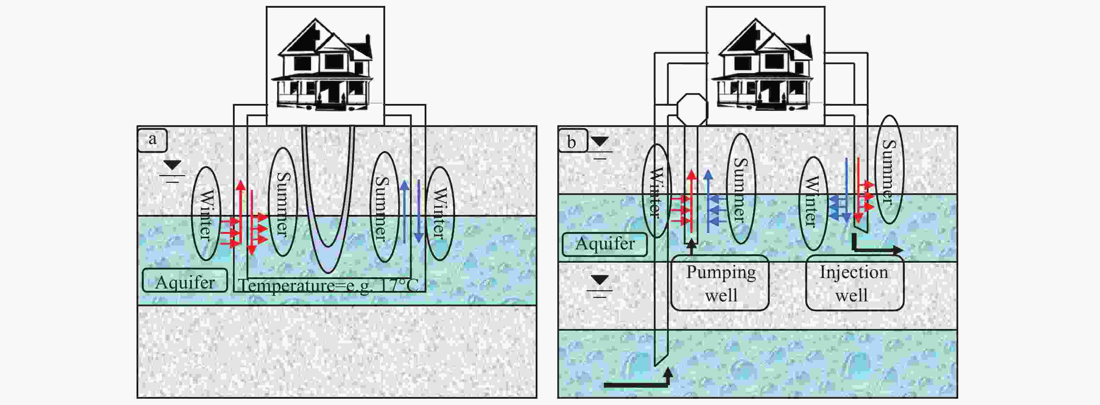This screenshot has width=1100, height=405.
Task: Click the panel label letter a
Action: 152,140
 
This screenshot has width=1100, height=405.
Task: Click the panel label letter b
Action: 571,142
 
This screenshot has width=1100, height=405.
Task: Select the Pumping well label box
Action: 720,283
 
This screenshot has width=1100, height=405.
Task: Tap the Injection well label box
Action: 854,283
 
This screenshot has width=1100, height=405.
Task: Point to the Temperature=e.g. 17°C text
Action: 328,285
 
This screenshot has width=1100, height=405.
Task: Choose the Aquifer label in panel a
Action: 184,281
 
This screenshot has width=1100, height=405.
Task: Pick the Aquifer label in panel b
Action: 605,244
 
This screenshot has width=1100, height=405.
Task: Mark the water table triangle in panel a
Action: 173,165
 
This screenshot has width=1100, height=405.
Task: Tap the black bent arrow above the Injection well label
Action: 875,248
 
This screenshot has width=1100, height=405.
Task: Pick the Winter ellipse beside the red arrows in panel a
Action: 205,213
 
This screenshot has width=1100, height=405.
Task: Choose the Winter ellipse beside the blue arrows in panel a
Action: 440,213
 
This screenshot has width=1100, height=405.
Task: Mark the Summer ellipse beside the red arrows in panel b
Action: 892,170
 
